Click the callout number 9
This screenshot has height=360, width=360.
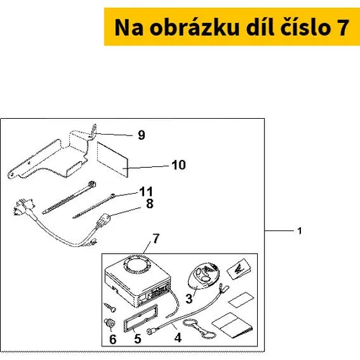click(142, 135)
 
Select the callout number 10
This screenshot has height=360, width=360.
click(179, 165)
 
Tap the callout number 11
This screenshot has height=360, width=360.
click(146, 192)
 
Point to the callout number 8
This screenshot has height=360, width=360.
click(150, 204)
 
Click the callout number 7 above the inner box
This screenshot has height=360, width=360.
click(156, 238)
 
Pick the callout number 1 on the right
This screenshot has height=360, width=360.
click(300, 231)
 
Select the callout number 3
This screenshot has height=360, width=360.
click(189, 299)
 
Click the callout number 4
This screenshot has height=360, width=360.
click(178, 338)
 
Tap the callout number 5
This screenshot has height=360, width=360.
click(138, 338)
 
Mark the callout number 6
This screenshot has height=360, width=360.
click(113, 339)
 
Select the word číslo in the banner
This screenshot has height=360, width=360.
click(307, 27)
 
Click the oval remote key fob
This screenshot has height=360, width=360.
click(204, 275)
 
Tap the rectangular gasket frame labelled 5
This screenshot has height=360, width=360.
click(140, 319)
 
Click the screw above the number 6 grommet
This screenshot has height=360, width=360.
click(110, 307)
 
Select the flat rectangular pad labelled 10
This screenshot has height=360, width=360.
click(112, 159)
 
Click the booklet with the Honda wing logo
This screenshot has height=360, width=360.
click(240, 269)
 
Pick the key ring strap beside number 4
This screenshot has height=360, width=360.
click(199, 329)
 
